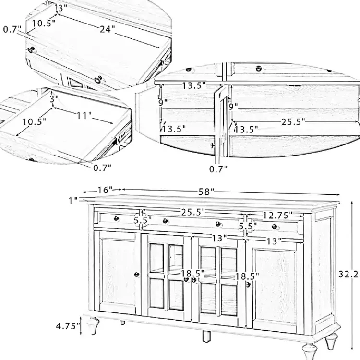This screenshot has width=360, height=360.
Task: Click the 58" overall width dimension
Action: click(205, 192)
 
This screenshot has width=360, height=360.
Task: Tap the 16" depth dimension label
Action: click(104, 190)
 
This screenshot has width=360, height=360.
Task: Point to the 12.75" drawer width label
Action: click(276, 215)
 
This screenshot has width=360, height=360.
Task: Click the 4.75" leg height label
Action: click(67, 326)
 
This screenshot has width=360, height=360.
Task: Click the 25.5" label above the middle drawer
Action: click(193, 212)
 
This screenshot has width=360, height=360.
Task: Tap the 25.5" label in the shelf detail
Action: click(293, 122)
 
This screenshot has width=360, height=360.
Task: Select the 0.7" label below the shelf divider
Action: click(218, 168)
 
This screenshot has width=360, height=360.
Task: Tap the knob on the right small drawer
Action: click(275, 227)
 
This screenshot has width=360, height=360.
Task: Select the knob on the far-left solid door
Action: click(137, 274)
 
